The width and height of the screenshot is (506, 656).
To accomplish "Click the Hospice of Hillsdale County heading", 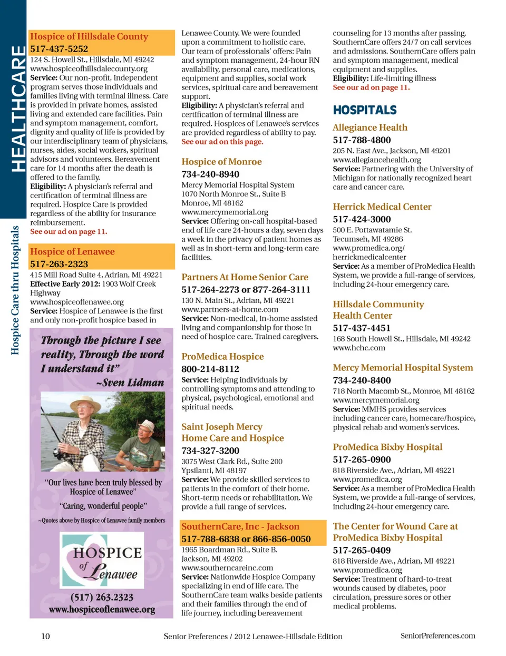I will click(x=89, y=36).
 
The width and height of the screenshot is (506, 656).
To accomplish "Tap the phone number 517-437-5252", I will click(x=59, y=49).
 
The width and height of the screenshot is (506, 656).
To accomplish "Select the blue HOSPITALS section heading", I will click(x=365, y=110).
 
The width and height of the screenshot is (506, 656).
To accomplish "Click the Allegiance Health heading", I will click(x=370, y=128).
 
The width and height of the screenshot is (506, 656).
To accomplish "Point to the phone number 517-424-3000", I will click(x=362, y=219).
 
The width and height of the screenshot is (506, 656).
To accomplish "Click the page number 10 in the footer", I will click(x=46, y=636).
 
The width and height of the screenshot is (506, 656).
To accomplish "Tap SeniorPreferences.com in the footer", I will click(x=437, y=636).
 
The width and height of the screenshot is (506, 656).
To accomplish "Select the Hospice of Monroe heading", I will click(x=221, y=162).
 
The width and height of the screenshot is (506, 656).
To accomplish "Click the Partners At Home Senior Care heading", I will click(x=245, y=277).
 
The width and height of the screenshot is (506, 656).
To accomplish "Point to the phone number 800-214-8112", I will click(x=210, y=369).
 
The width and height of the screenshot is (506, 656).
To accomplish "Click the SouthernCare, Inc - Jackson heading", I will click(x=240, y=526).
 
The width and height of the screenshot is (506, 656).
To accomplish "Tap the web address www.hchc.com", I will click(x=359, y=348).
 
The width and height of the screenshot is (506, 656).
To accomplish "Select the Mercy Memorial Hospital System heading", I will click(x=403, y=368).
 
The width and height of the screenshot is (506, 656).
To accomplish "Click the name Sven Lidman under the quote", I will click(x=132, y=383).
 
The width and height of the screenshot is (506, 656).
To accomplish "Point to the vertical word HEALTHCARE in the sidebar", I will click(x=18, y=108).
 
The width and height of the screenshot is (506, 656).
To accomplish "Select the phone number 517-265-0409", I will click(x=362, y=550).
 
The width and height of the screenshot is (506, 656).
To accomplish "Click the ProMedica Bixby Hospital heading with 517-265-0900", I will click(x=387, y=447).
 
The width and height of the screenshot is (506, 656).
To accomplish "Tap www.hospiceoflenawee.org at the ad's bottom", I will click(x=102, y=610).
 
